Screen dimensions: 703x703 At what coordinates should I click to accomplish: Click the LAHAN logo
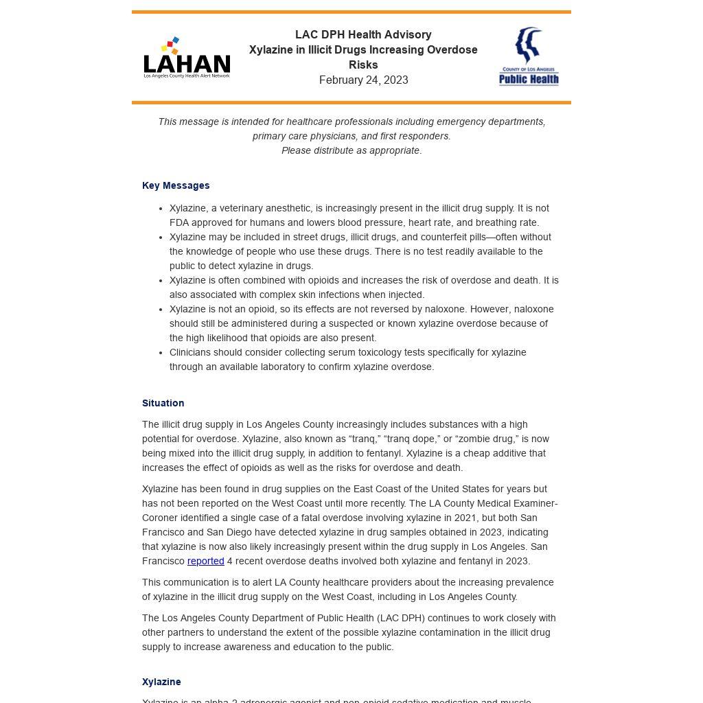[187, 58]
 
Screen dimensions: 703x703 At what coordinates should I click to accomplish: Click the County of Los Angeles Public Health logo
[529, 57]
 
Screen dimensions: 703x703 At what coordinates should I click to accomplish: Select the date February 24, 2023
[363, 80]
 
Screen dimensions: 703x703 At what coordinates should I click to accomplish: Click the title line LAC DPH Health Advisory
[363, 35]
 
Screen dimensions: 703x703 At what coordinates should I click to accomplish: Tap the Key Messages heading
[176, 185]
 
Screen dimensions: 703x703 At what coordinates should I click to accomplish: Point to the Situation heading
[163, 403]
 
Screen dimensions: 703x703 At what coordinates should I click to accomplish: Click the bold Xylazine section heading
[161, 682]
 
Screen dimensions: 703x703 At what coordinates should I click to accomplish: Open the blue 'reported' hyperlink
[205, 561]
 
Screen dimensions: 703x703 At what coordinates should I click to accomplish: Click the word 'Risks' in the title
[363, 65]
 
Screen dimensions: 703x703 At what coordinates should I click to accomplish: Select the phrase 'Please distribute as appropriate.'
[351, 150]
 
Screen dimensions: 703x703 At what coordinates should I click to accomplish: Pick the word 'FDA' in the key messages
[179, 222]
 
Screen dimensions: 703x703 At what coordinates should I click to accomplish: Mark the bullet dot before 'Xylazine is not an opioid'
[161, 309]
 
